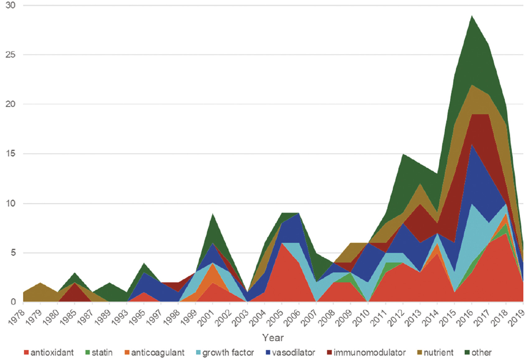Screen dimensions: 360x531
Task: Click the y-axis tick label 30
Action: (x=10, y=5)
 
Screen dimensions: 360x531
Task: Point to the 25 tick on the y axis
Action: (x=10, y=55)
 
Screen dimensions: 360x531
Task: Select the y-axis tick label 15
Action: (x=10, y=154)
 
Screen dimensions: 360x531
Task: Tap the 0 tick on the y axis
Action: (x=13, y=302)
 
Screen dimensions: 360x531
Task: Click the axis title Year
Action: (x=273, y=338)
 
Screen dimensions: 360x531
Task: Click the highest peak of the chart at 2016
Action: (x=472, y=16)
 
